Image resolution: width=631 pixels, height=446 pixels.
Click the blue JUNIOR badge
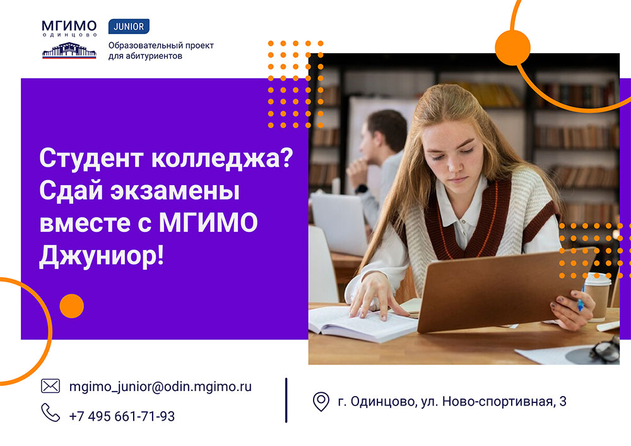pyautogui.click(x=129, y=27)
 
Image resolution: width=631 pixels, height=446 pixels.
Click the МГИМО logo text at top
pyautogui.click(x=69, y=25)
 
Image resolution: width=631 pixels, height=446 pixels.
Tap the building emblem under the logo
pyautogui.click(x=69, y=51)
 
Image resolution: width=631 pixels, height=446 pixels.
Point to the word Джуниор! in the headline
pyautogui.click(x=101, y=256)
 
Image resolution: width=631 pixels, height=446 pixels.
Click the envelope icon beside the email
pyautogui.click(x=50, y=386)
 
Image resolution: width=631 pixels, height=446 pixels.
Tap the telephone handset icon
pyautogui.click(x=50, y=413)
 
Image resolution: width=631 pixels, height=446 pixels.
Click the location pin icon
pyautogui.click(x=321, y=401)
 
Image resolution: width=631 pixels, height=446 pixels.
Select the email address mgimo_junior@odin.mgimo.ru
pyautogui.click(x=160, y=387)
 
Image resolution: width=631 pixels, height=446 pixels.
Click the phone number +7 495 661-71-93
pyautogui.click(x=122, y=416)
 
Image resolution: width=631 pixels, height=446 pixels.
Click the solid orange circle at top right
pyautogui.click(x=512, y=47)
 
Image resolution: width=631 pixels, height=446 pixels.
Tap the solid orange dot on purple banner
pyautogui.click(x=71, y=306)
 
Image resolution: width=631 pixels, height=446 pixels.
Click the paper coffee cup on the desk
pyautogui.click(x=596, y=298)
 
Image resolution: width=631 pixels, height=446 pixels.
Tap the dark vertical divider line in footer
pyautogui.click(x=286, y=400)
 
